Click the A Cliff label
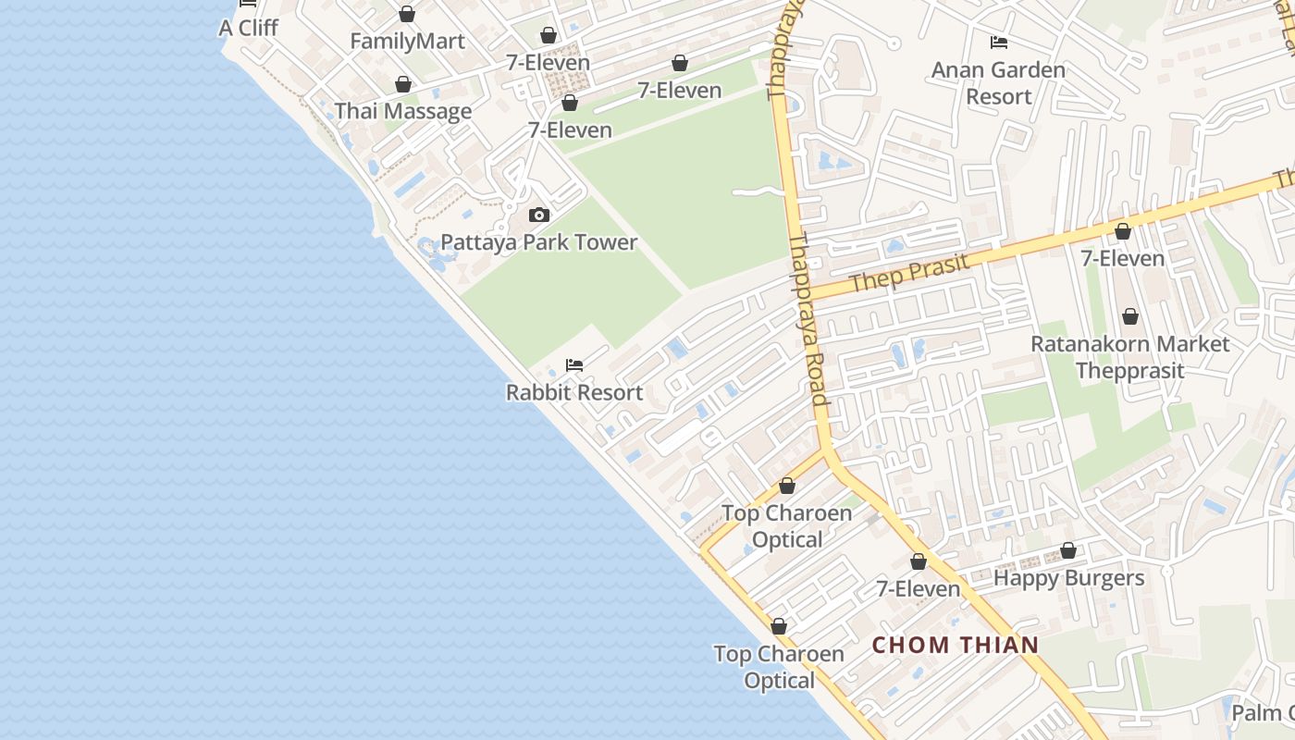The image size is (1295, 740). tap(248, 28)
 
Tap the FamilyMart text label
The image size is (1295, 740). tap(406, 42)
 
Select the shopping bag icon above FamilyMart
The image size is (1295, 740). tap(406, 14)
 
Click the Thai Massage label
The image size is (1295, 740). tap(403, 111)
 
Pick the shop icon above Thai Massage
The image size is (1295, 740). tap(403, 84)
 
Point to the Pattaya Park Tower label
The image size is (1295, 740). tap(539, 242)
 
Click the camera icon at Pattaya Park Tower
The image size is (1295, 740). tap(538, 215)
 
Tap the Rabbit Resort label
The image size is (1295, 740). tap(574, 392)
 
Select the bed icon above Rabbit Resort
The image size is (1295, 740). tap(574, 365)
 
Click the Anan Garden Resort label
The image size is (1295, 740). tap(998, 83)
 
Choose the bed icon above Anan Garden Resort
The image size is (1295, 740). tap(998, 43)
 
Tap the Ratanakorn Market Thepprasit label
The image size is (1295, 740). tap(1130, 357)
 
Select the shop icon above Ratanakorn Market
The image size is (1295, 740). tap(1129, 317)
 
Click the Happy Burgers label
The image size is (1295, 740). tap(1068, 578)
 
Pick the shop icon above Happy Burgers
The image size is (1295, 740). tap(1068, 551)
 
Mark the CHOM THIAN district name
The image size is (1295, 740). tap(956, 645)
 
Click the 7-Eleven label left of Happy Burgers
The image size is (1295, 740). tap(919, 589)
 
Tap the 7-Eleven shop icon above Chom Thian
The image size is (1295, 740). tap(919, 561)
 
